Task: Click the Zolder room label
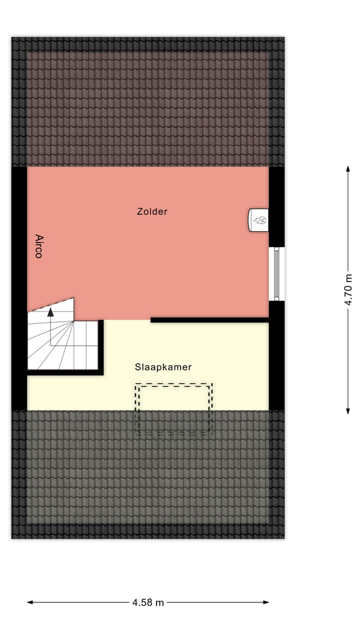(x=152, y=211)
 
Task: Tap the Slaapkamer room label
(x=163, y=367)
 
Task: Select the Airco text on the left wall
(x=38, y=246)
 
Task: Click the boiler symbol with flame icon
(x=259, y=220)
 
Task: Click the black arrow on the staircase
(x=50, y=312)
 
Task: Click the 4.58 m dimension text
(x=148, y=602)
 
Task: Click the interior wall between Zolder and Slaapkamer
(x=210, y=320)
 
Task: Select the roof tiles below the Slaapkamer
(x=148, y=480)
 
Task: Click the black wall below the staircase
(x=65, y=372)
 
